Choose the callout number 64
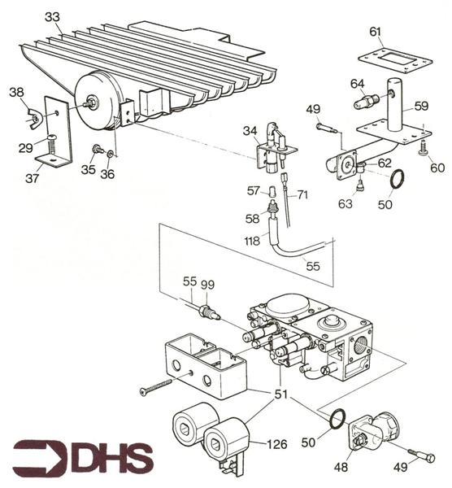[358, 83]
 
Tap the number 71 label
[303, 195]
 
